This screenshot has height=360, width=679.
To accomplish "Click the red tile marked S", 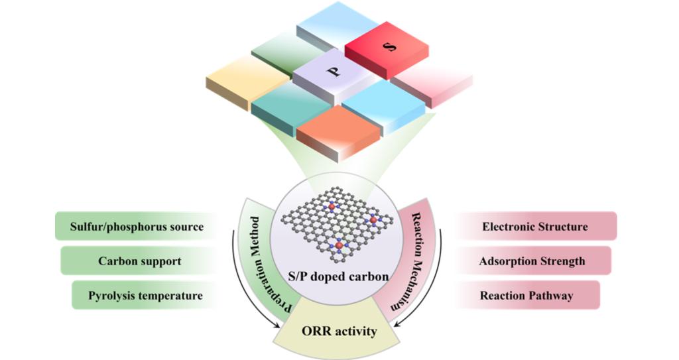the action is coord(387,52).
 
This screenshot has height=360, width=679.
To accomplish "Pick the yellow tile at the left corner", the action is coord(248,81).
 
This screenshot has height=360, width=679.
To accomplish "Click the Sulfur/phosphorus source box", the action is coord(137,226).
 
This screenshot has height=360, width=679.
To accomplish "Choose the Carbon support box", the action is coord(139,261).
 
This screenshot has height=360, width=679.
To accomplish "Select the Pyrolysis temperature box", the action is coord(145,296).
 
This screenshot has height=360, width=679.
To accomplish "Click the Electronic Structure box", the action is coord(535,226).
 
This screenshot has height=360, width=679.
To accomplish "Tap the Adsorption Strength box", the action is coord(532,261).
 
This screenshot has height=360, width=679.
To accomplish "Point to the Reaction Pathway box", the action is coord(526,296).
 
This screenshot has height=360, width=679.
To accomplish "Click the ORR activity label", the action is coord(339,331).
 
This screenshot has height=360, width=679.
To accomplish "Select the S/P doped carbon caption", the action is coord(338,276).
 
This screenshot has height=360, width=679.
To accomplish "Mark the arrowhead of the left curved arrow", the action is coord(276,326).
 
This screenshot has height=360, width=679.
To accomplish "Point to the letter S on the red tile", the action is coord(390,46).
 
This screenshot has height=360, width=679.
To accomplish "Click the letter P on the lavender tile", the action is coord(334,71).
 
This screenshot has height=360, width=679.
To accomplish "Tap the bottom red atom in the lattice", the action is coord(339,246).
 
